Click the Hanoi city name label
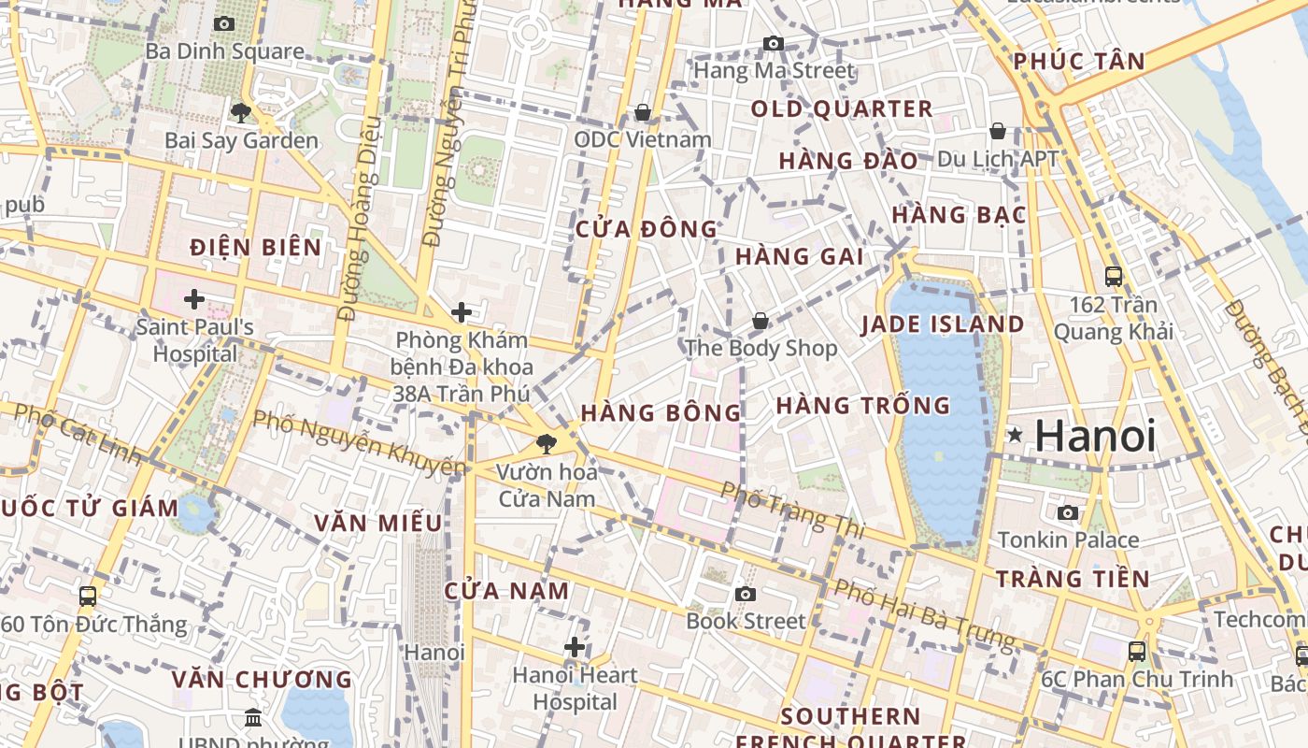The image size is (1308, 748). (1095, 437)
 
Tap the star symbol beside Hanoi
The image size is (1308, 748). (1015, 435)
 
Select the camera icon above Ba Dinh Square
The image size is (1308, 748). (224, 23)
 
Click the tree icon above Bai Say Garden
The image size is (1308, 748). (241, 113)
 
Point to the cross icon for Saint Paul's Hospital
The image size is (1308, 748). (194, 299)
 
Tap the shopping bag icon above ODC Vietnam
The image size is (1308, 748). (643, 112)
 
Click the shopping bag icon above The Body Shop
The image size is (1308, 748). (761, 321)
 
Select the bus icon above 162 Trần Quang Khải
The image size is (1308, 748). (1114, 276)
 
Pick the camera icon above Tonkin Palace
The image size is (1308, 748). (1068, 512)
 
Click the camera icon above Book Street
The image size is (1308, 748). (746, 594)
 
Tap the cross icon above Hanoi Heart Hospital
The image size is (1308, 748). (575, 646)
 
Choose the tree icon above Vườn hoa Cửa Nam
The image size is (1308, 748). (546, 444)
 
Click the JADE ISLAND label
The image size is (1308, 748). (943, 324)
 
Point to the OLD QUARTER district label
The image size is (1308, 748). (842, 108)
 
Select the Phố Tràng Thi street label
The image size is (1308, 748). (793, 510)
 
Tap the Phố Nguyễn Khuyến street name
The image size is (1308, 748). (360, 441)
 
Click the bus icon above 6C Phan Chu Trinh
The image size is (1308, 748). (1137, 652)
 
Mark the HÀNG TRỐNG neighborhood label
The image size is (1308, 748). (862, 406)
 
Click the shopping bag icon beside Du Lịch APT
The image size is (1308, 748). (998, 131)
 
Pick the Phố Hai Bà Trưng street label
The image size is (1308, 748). (923, 614)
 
